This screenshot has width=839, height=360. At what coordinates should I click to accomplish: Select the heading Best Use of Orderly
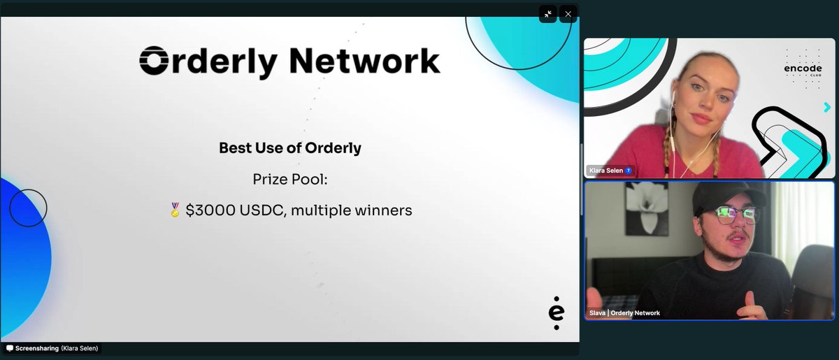tap(290, 148)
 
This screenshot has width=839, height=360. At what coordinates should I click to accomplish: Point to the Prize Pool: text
tap(290, 180)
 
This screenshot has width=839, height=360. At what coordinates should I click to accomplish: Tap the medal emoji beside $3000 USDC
tap(175, 210)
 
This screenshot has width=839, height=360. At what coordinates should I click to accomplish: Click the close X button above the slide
tap(568, 14)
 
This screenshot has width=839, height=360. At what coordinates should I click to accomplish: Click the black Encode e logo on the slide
tap(556, 313)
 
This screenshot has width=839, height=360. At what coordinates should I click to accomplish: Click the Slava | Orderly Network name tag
tap(624, 313)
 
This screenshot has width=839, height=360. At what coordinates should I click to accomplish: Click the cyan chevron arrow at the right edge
tap(827, 107)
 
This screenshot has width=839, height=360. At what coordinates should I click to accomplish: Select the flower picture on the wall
tap(646, 208)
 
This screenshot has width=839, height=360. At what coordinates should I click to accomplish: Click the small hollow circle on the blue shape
tap(28, 208)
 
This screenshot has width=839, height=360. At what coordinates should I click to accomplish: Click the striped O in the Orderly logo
tap(152, 62)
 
